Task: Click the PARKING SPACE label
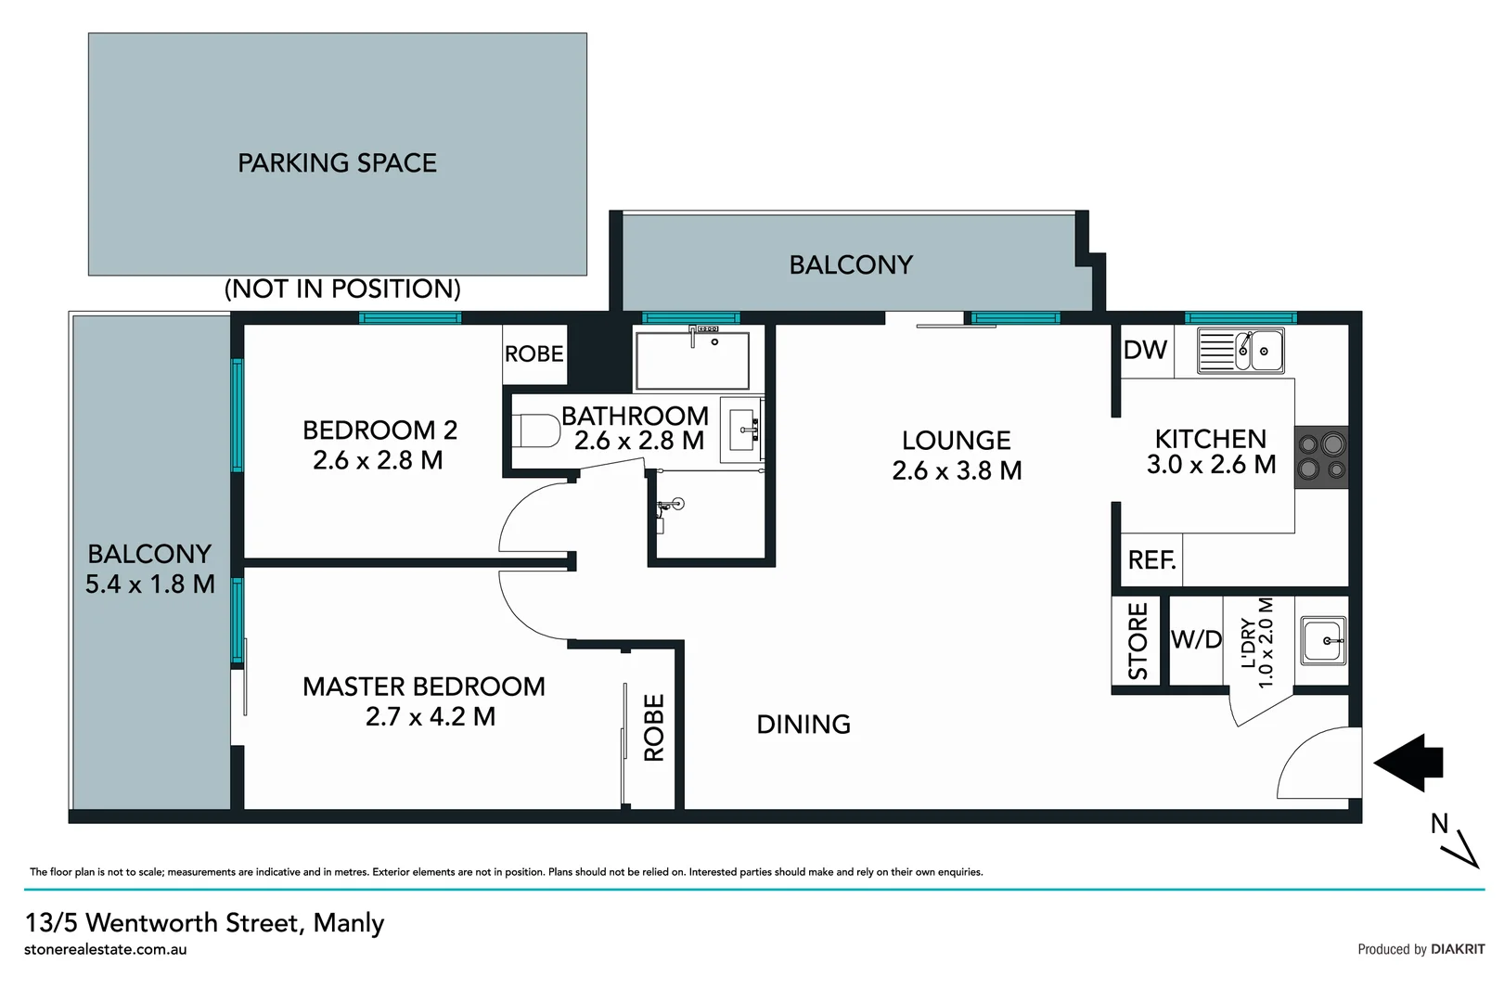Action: [337, 163]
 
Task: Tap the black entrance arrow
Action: [1408, 763]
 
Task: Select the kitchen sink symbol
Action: [1240, 351]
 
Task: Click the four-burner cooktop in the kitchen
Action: [1321, 456]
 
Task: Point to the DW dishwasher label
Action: [1145, 350]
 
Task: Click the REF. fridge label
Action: [1151, 560]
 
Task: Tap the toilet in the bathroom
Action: [538, 431]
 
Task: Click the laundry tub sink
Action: [1323, 640]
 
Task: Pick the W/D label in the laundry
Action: [1196, 639]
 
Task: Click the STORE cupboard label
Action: [1138, 641]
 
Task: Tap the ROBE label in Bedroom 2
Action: [533, 353]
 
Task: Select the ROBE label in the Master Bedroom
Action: [654, 727]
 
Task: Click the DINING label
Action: [803, 725]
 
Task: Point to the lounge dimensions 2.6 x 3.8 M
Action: [957, 471]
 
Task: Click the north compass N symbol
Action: [1440, 823]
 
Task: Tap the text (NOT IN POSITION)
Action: [342, 289]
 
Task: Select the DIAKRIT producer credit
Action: [1457, 949]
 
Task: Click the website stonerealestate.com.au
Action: [106, 950]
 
